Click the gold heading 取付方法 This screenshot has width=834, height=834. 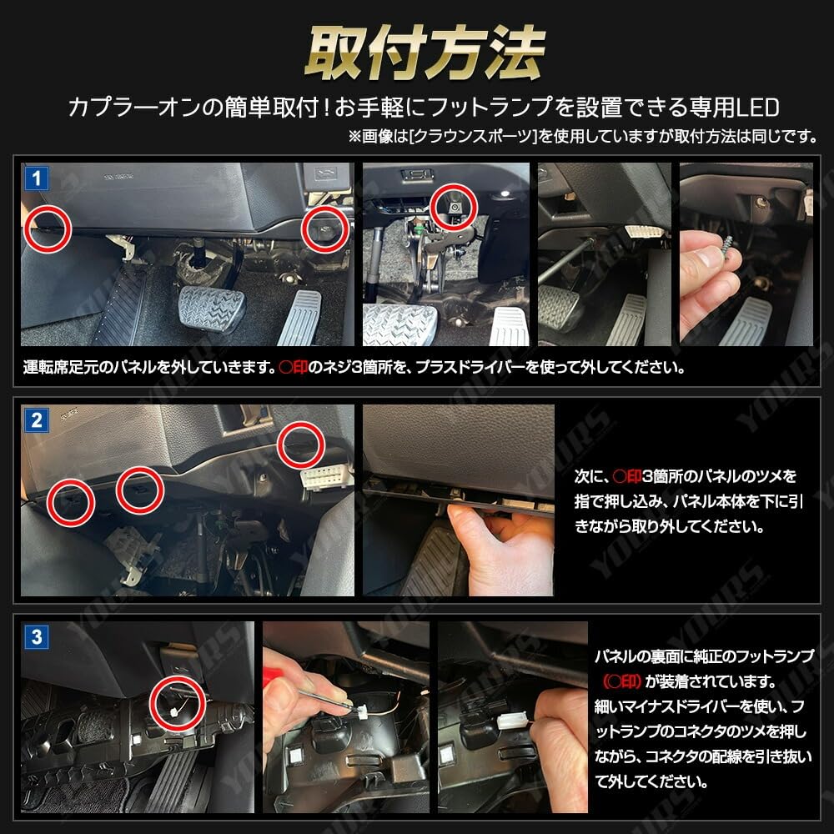pos(425,53)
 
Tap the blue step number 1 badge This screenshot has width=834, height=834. pos(36,178)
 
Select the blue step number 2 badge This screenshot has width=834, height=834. pos(36,420)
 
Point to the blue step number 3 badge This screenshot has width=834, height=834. pos(36,636)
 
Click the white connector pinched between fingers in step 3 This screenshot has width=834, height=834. pos(512,722)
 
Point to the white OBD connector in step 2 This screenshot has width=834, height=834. pos(325,477)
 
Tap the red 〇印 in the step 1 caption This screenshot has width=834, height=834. pos(294,367)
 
